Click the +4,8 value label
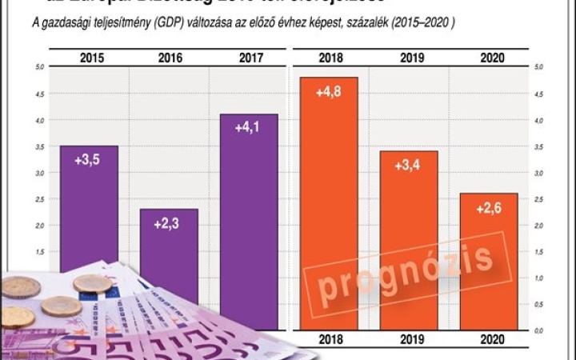click(x=329, y=93)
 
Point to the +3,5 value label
click(x=87, y=160)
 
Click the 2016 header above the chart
click(x=170, y=58)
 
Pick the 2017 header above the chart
click(x=250, y=58)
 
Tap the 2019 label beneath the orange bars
click(x=409, y=341)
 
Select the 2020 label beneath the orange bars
click(x=489, y=341)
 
